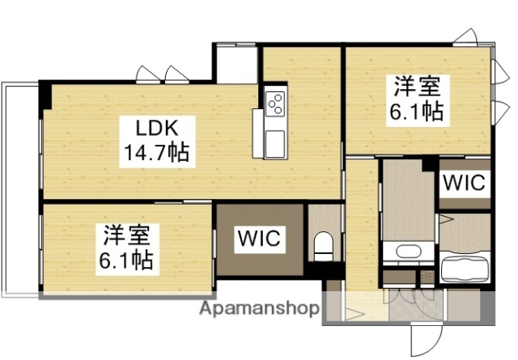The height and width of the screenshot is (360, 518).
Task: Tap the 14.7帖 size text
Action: (155, 151)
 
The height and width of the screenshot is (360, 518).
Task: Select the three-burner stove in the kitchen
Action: (275, 103)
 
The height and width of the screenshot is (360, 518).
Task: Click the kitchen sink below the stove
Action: (275, 138)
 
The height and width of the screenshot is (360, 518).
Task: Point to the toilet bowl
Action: (324, 244)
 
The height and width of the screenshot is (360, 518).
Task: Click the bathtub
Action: (465, 265)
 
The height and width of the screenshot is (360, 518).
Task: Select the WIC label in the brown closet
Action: (259, 239)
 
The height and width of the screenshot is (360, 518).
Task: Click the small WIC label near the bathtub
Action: (465, 182)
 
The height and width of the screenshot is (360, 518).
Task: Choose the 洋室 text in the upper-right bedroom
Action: (418, 85)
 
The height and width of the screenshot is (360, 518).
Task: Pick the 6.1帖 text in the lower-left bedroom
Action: (125, 260)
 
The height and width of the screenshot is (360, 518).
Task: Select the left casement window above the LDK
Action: (148, 74)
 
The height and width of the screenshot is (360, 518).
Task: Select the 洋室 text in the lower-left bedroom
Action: (125, 235)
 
